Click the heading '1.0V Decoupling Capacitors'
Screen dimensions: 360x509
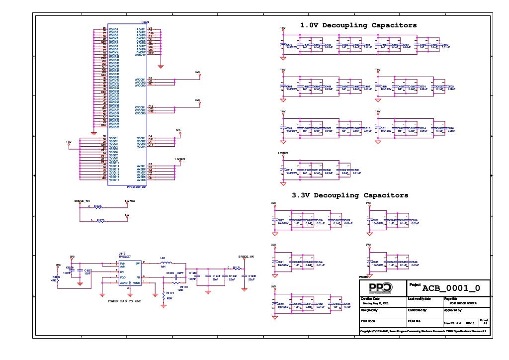pyautogui.click(x=358, y=25)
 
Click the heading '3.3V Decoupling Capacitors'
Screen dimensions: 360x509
pyautogui.click(x=350, y=195)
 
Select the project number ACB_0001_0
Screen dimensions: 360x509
pyautogui.click(x=451, y=288)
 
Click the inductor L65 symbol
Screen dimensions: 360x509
pyautogui.click(x=163, y=262)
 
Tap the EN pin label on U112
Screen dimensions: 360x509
pyautogui.click(x=122, y=272)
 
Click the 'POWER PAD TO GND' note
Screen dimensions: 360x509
pyautogui.click(x=125, y=301)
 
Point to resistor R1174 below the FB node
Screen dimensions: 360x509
pyautogui.click(x=164, y=296)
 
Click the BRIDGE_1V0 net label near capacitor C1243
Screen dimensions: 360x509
pyautogui.click(x=246, y=257)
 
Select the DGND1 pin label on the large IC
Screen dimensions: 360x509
pyautogui.click(x=114, y=29)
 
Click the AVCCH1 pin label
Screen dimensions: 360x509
pyautogui.click(x=140, y=80)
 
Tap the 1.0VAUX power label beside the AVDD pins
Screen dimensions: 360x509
pyautogui.click(x=179, y=159)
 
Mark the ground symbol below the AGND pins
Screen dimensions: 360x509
pyautogui.click(x=161, y=65)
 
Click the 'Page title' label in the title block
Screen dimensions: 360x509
pyautogui.click(x=450, y=298)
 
